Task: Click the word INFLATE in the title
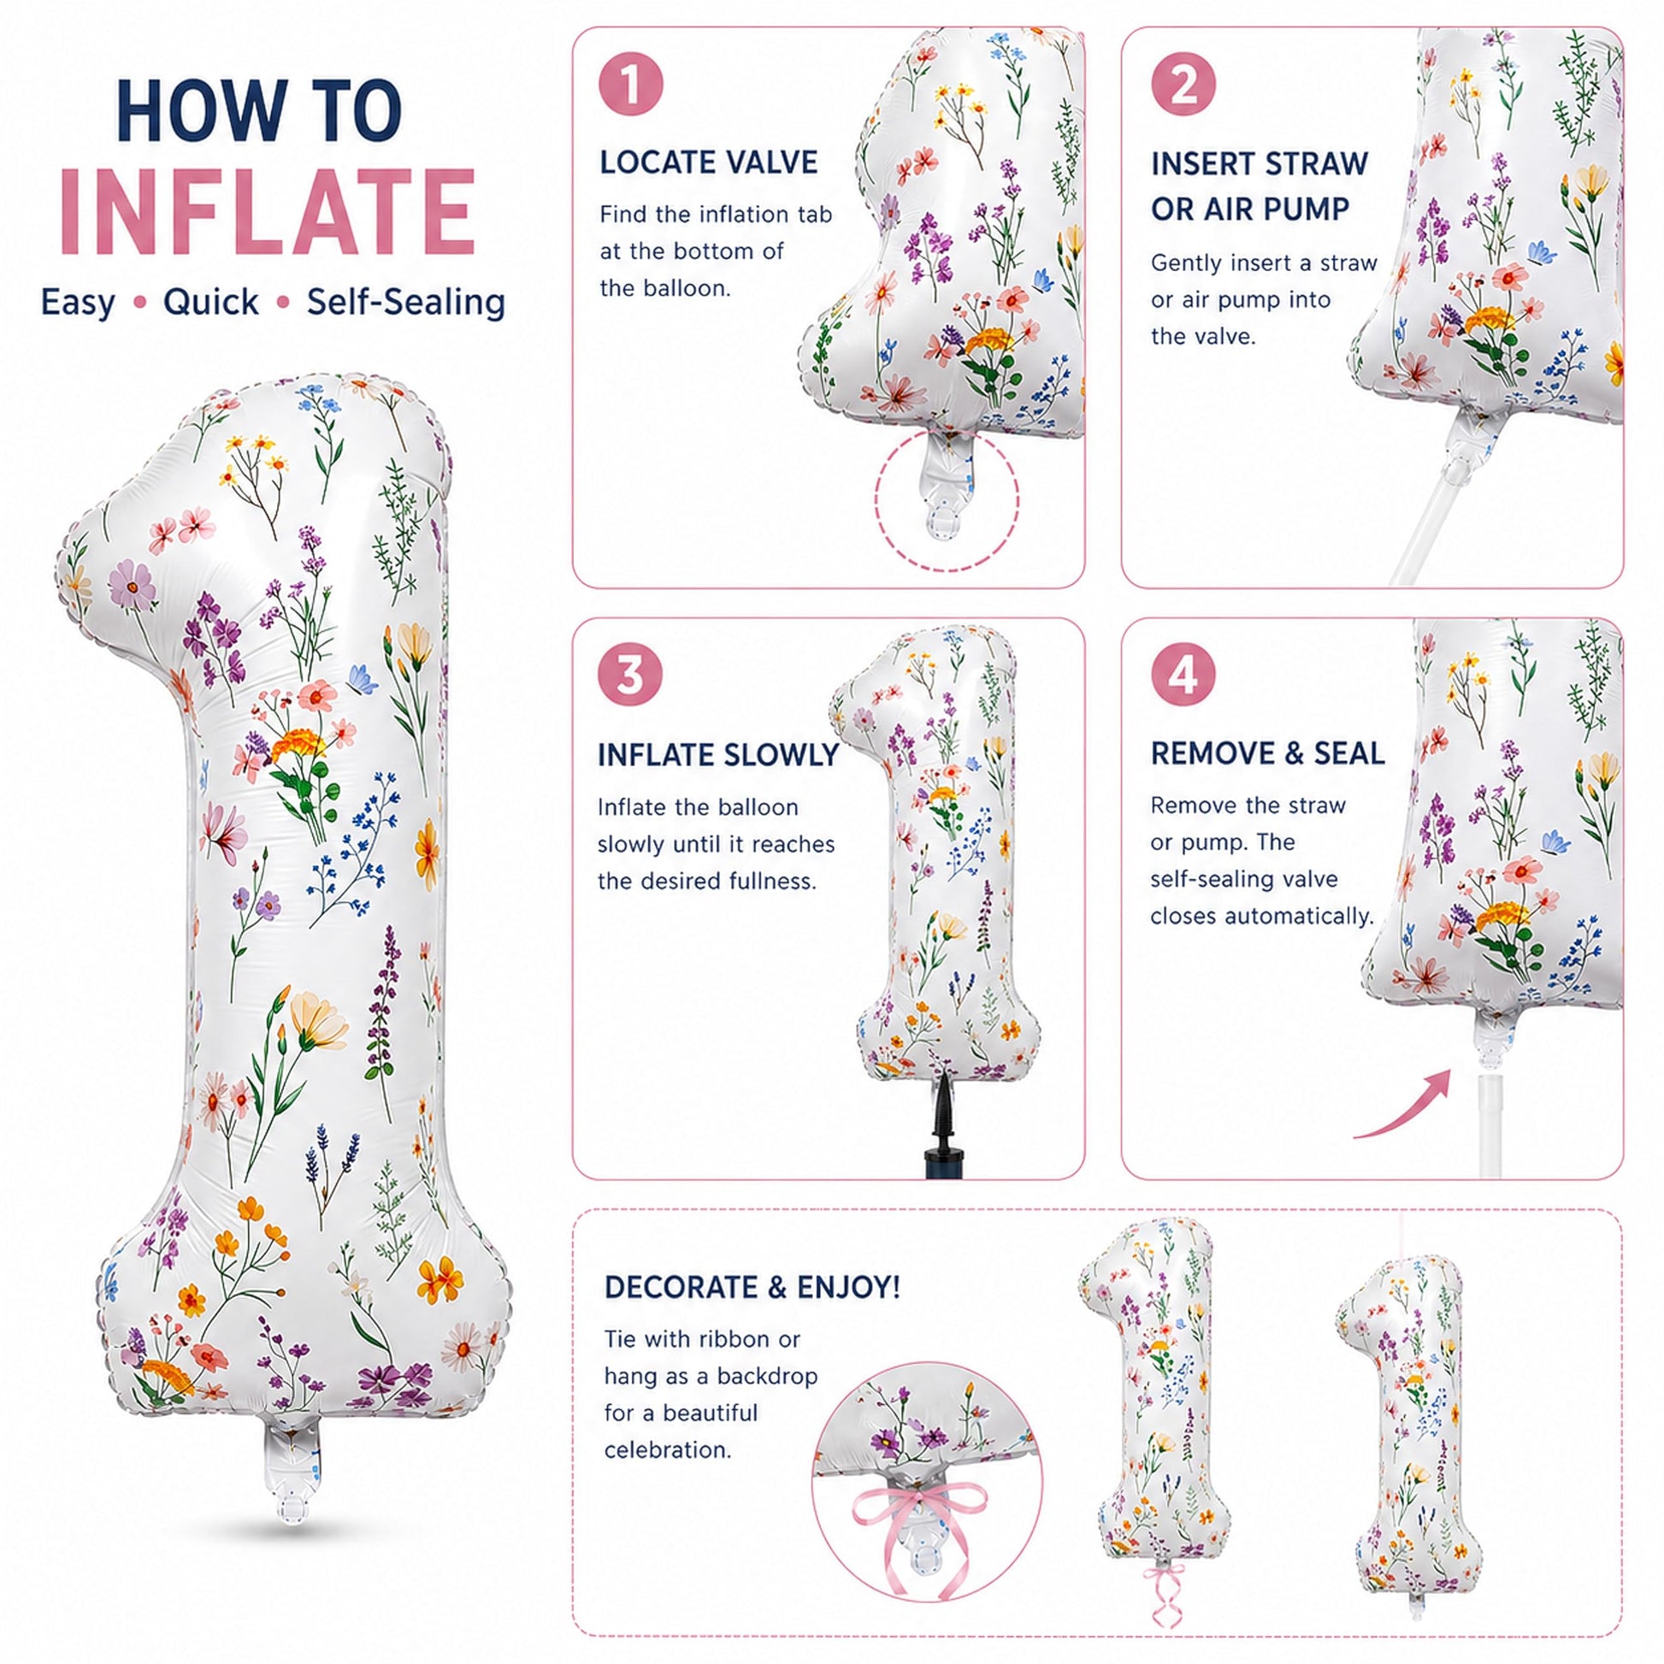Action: click(267, 212)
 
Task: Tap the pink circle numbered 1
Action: click(631, 86)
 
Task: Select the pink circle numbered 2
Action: click(1183, 86)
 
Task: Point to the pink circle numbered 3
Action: click(631, 675)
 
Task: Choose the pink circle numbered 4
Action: click(1183, 675)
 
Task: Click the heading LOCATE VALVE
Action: click(709, 162)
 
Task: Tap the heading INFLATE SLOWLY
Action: click(718, 755)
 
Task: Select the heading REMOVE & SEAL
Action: click(1268, 753)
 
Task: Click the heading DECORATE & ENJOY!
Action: click(752, 1288)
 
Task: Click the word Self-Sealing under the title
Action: click(405, 303)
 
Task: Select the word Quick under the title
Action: click(211, 303)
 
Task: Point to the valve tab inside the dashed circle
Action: click(947, 491)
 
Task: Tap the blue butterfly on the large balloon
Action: click(363, 680)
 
